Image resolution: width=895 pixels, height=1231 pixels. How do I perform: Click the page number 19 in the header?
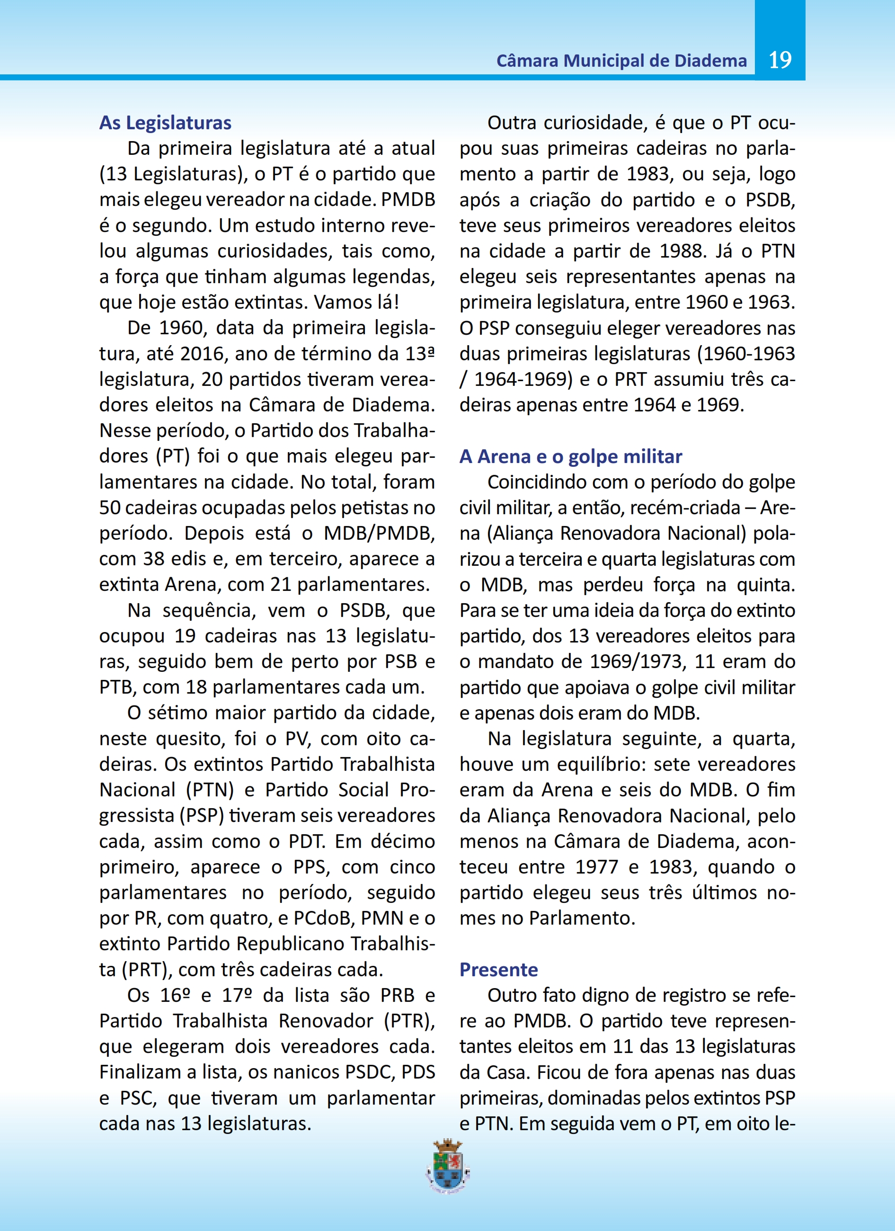pyautogui.click(x=780, y=60)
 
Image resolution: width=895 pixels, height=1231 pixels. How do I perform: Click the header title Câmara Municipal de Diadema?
pyautogui.click(x=621, y=61)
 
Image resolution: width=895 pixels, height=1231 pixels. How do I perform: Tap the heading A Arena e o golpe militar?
pyautogui.click(x=570, y=456)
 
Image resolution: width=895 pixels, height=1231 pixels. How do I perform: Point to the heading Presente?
pyautogui.click(x=498, y=969)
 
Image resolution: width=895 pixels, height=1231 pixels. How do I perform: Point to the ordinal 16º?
pyautogui.click(x=175, y=995)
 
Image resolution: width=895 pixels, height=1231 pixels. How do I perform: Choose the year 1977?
pyautogui.click(x=596, y=867)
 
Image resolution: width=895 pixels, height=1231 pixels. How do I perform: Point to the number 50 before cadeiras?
pyautogui.click(x=110, y=508)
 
